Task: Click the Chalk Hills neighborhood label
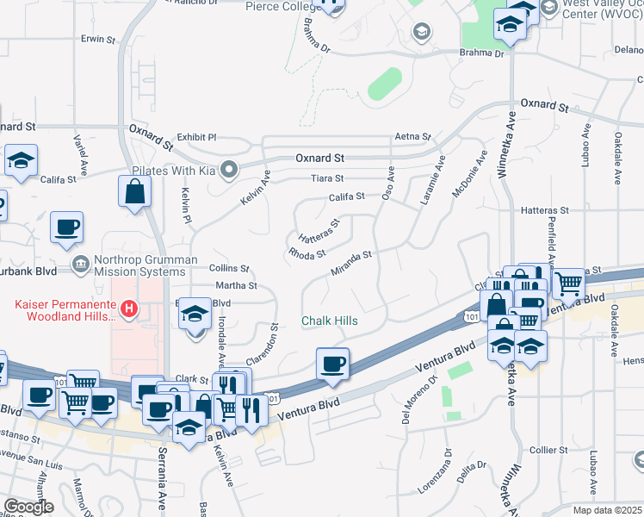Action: (329, 321)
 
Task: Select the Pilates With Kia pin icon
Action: (228, 170)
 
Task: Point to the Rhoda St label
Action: (307, 254)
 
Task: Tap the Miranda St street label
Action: (351, 264)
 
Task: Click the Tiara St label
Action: (327, 178)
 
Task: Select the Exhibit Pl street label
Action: (197, 137)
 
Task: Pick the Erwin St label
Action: (98, 39)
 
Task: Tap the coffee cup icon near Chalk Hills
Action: (332, 363)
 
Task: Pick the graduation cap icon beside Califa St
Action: (21, 160)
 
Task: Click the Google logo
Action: (28, 507)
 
